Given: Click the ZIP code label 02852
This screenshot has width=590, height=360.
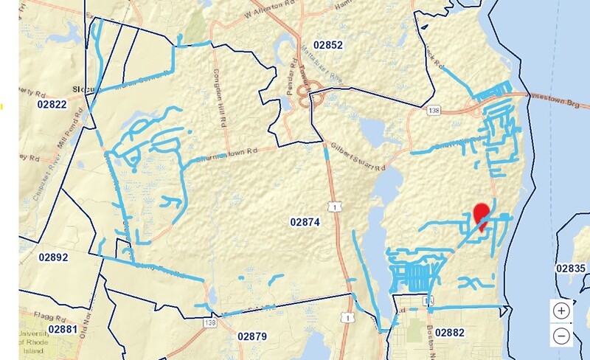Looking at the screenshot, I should click(x=328, y=45).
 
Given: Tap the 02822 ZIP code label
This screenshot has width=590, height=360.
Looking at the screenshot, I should click(x=52, y=105).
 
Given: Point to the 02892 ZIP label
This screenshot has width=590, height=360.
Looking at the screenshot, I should click(x=53, y=257).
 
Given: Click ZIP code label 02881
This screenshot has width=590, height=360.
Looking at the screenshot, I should click(x=63, y=328).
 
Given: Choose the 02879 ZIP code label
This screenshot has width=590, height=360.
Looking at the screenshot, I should click(x=252, y=336).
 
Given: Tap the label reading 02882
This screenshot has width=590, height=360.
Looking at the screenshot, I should click(x=450, y=333).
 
